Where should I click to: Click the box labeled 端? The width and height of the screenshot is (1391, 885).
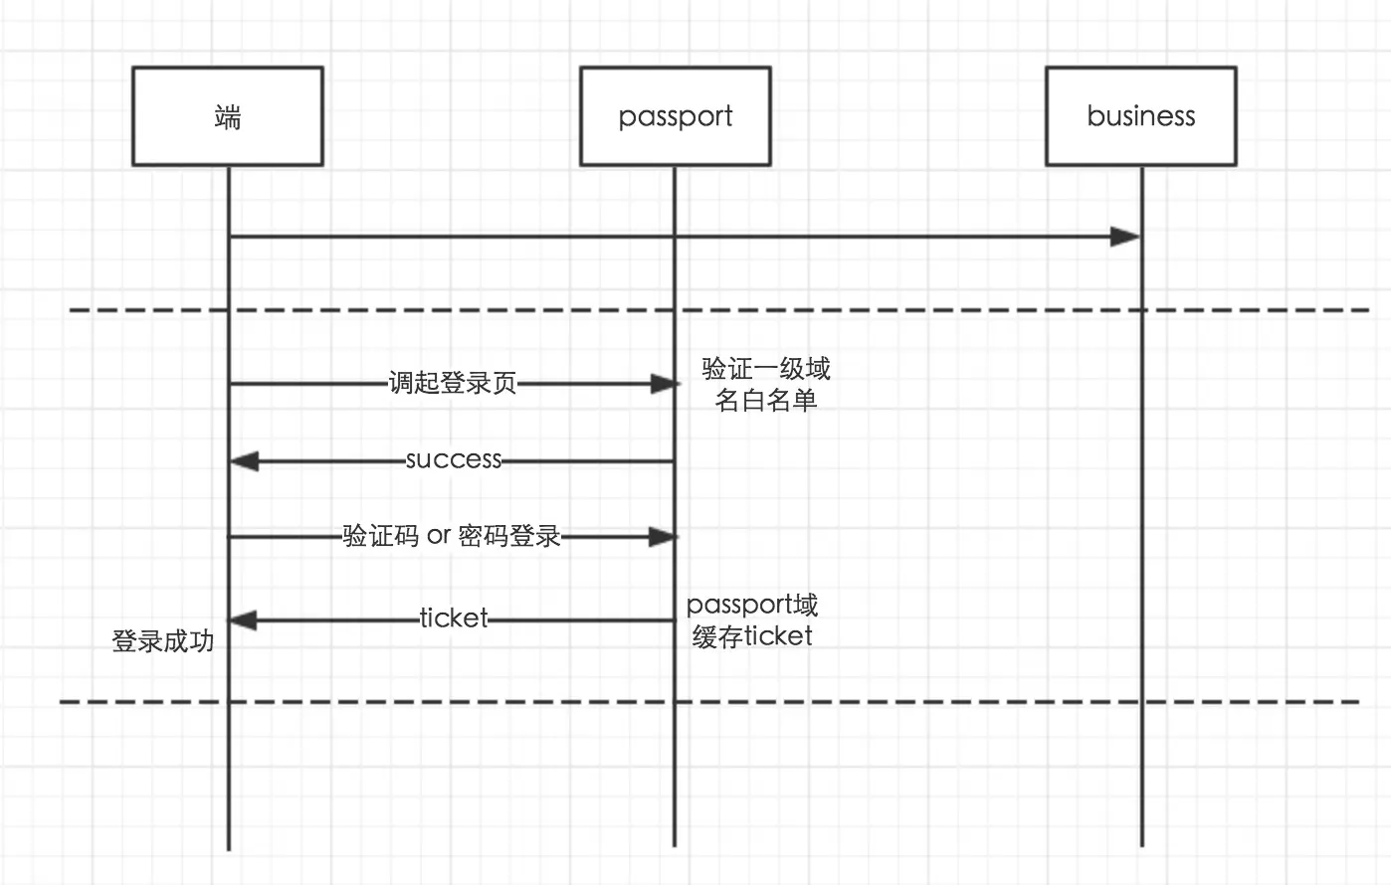click(228, 116)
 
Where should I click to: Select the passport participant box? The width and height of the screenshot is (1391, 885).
click(675, 116)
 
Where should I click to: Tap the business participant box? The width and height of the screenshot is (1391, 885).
click(1140, 116)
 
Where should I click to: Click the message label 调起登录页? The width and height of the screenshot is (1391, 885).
click(453, 383)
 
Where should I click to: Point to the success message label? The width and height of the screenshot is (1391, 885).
click(454, 459)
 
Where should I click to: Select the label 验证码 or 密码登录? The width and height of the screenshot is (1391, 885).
click(452, 536)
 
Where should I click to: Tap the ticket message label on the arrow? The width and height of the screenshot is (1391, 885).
click(454, 619)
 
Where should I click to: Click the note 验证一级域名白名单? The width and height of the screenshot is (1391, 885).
click(765, 384)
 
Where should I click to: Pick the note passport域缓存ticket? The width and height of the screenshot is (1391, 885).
click(752, 620)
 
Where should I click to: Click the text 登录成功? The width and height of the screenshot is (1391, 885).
click(163, 641)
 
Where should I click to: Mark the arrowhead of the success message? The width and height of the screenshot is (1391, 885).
click(245, 461)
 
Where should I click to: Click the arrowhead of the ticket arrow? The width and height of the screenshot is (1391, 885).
click(245, 620)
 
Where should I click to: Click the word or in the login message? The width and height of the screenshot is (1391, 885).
click(439, 536)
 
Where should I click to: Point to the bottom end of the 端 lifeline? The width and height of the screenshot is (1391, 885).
click(229, 847)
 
